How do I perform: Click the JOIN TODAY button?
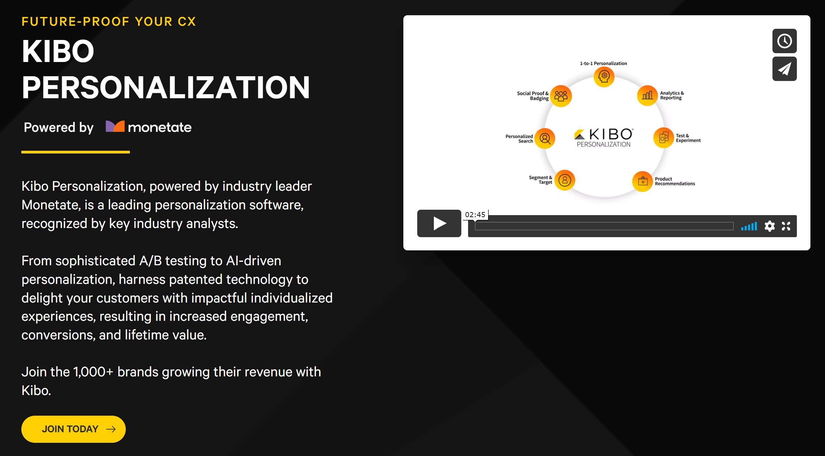[x=73, y=429]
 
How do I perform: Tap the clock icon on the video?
[x=784, y=41]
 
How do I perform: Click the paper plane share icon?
[x=784, y=69]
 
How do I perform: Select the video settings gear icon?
[x=769, y=226]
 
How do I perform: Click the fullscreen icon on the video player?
[x=786, y=226]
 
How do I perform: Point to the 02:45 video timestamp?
[x=475, y=214]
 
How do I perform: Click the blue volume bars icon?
[x=749, y=226]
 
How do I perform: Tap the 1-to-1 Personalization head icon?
[x=604, y=77]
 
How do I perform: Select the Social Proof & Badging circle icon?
[x=561, y=96]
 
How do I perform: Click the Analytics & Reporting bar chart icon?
[x=647, y=96]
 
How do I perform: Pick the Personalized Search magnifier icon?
[x=545, y=138]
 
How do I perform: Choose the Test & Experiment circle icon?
[x=663, y=138]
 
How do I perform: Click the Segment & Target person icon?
[x=565, y=180]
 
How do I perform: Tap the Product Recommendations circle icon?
[x=643, y=181]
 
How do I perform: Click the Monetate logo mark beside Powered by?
[x=115, y=126]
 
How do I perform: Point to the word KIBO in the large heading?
[x=58, y=51]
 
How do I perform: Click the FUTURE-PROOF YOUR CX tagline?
[x=109, y=22]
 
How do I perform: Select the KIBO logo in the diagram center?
[x=604, y=137]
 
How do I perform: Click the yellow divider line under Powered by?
[x=76, y=152]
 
